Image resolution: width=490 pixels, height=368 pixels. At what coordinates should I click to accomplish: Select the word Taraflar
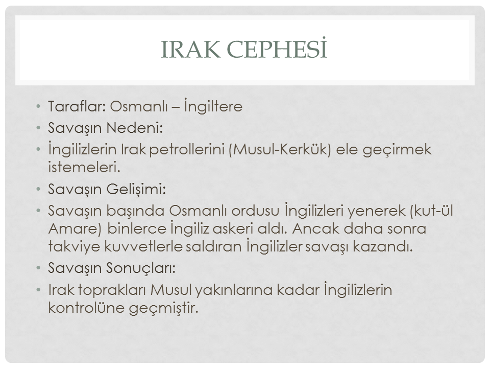[77, 106]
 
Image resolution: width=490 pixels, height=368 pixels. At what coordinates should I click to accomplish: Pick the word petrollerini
[187, 150]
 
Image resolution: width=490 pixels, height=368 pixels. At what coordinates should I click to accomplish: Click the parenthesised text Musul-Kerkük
[279, 150]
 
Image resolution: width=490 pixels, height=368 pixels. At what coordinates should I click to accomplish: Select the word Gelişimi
[136, 189]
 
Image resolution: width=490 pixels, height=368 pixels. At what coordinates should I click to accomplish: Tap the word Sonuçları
[141, 268]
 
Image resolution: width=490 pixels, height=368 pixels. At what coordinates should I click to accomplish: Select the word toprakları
[112, 290]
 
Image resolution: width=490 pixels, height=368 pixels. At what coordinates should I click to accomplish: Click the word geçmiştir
[163, 308]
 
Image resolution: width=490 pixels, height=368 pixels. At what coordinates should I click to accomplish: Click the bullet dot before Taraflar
[38, 106]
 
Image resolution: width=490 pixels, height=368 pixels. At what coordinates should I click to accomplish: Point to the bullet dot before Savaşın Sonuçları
[38, 268]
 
